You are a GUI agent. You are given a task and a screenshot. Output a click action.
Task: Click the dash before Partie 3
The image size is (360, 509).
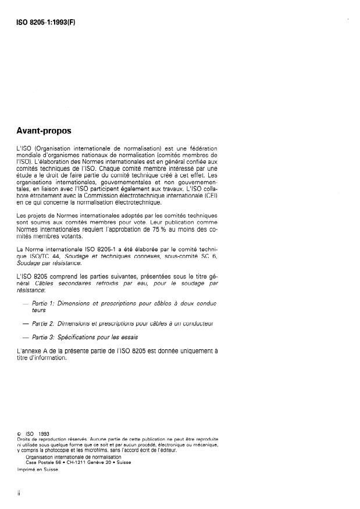[24, 336]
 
